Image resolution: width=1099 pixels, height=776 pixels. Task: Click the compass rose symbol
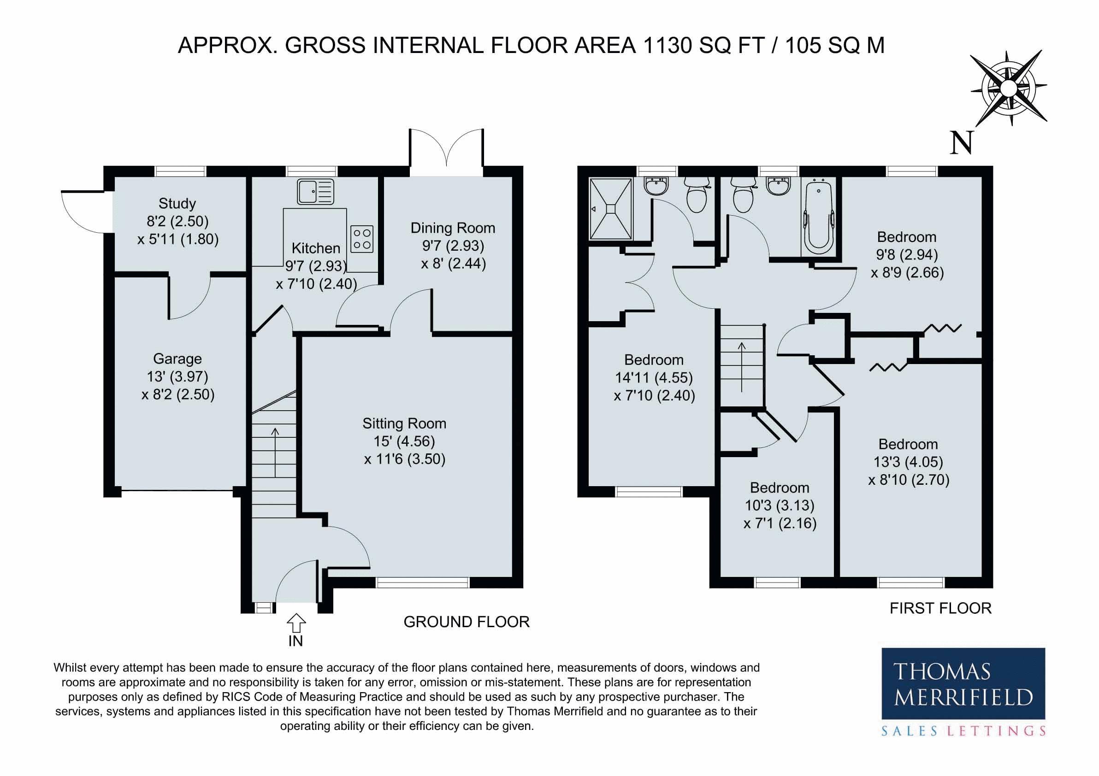point(1008,88)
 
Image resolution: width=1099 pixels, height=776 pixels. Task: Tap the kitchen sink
point(315,192)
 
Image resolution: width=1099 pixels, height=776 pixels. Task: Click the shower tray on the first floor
point(611,209)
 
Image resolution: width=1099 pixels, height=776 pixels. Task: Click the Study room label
point(177,204)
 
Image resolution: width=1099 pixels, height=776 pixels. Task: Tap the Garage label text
point(177,359)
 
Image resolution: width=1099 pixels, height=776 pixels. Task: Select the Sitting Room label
point(404,423)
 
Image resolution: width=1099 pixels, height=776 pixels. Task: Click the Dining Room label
point(453,228)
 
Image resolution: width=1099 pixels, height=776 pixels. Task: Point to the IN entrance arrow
point(296,623)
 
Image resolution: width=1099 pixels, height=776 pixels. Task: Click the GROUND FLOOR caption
point(467,622)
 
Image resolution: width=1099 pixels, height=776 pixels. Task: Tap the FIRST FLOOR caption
point(940,608)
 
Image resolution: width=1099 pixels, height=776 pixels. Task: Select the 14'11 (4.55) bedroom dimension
point(654,377)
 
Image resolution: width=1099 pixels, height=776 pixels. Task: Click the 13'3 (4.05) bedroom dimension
point(908,462)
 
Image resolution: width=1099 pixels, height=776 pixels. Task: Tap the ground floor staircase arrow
point(275,452)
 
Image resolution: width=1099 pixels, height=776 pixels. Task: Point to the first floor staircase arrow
point(742,367)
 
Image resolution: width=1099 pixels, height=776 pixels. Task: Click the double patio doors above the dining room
point(446,147)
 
